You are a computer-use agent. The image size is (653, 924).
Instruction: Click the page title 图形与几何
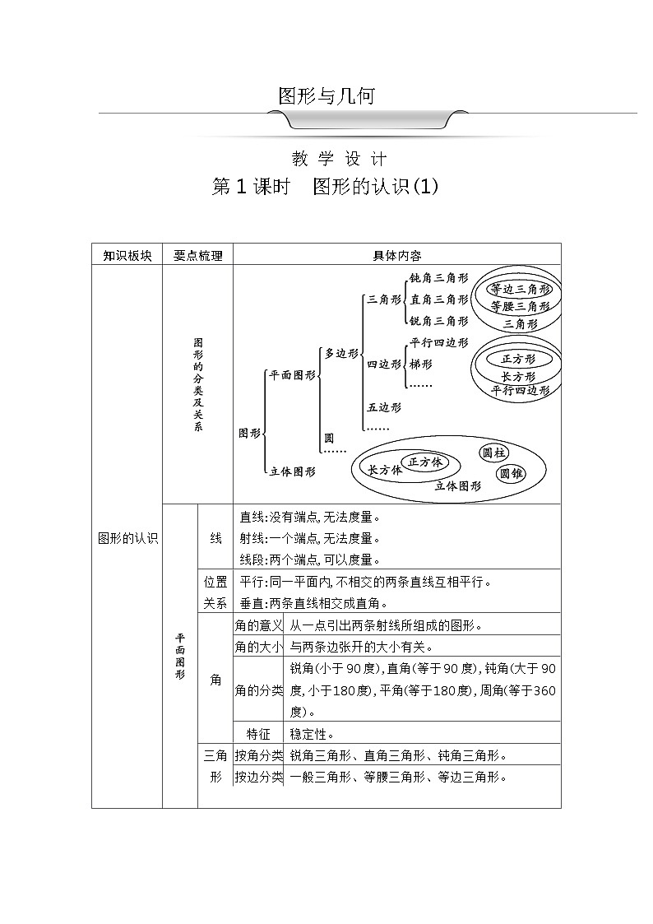326,96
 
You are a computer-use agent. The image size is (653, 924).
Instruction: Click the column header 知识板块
127,255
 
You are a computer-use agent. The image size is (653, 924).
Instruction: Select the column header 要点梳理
198,255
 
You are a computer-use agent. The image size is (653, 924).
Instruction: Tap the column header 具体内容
397,255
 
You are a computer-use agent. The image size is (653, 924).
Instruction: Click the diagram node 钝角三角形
438,278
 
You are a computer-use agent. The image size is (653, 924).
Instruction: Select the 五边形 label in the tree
383,406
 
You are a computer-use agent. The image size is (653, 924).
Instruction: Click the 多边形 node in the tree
341,353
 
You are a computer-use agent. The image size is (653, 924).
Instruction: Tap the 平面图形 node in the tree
292,374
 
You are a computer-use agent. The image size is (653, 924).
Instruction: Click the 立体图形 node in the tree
292,471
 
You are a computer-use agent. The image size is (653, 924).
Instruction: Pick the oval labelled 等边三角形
520,290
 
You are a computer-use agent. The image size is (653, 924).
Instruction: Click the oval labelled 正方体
425,462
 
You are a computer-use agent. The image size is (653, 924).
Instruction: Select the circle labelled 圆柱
493,453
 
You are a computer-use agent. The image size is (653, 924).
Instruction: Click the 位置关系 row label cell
215,592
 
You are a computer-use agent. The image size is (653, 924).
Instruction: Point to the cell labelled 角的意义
259,625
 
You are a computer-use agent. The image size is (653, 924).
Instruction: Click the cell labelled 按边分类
259,777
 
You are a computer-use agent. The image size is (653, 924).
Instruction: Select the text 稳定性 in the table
312,733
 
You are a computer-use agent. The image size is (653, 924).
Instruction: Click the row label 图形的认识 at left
127,539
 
